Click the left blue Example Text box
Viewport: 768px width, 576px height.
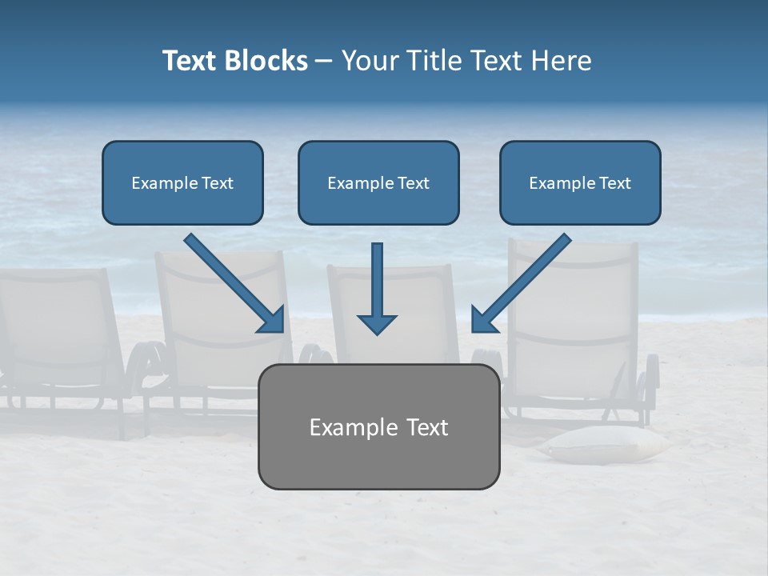pyautogui.click(x=182, y=182)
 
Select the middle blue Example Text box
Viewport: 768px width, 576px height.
pyautogui.click(x=378, y=182)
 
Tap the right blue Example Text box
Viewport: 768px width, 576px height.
pyautogui.click(x=580, y=182)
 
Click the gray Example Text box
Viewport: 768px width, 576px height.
pyautogui.click(x=378, y=426)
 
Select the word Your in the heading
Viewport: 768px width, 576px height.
pyautogui.click(x=370, y=61)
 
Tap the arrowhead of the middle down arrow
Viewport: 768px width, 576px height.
pyautogui.click(x=377, y=324)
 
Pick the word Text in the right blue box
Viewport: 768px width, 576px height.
pyautogui.click(x=614, y=182)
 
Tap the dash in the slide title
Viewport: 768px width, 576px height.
pyautogui.click(x=324, y=61)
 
